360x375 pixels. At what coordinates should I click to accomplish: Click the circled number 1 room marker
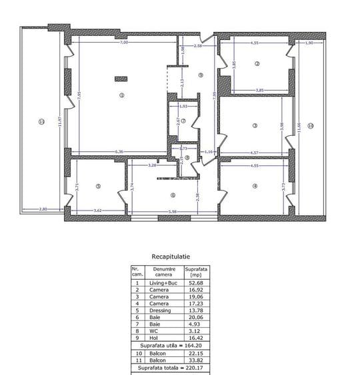(121, 95)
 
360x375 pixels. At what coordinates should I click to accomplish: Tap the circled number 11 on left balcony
(41, 122)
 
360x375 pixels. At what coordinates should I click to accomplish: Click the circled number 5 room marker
(98, 187)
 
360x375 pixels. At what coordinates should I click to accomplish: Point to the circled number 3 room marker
(255, 125)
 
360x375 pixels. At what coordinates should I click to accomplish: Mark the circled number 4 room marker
(255, 186)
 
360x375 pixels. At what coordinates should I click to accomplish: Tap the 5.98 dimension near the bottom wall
(172, 212)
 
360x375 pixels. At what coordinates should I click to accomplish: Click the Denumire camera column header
(163, 272)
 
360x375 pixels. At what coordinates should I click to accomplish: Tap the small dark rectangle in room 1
(121, 79)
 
